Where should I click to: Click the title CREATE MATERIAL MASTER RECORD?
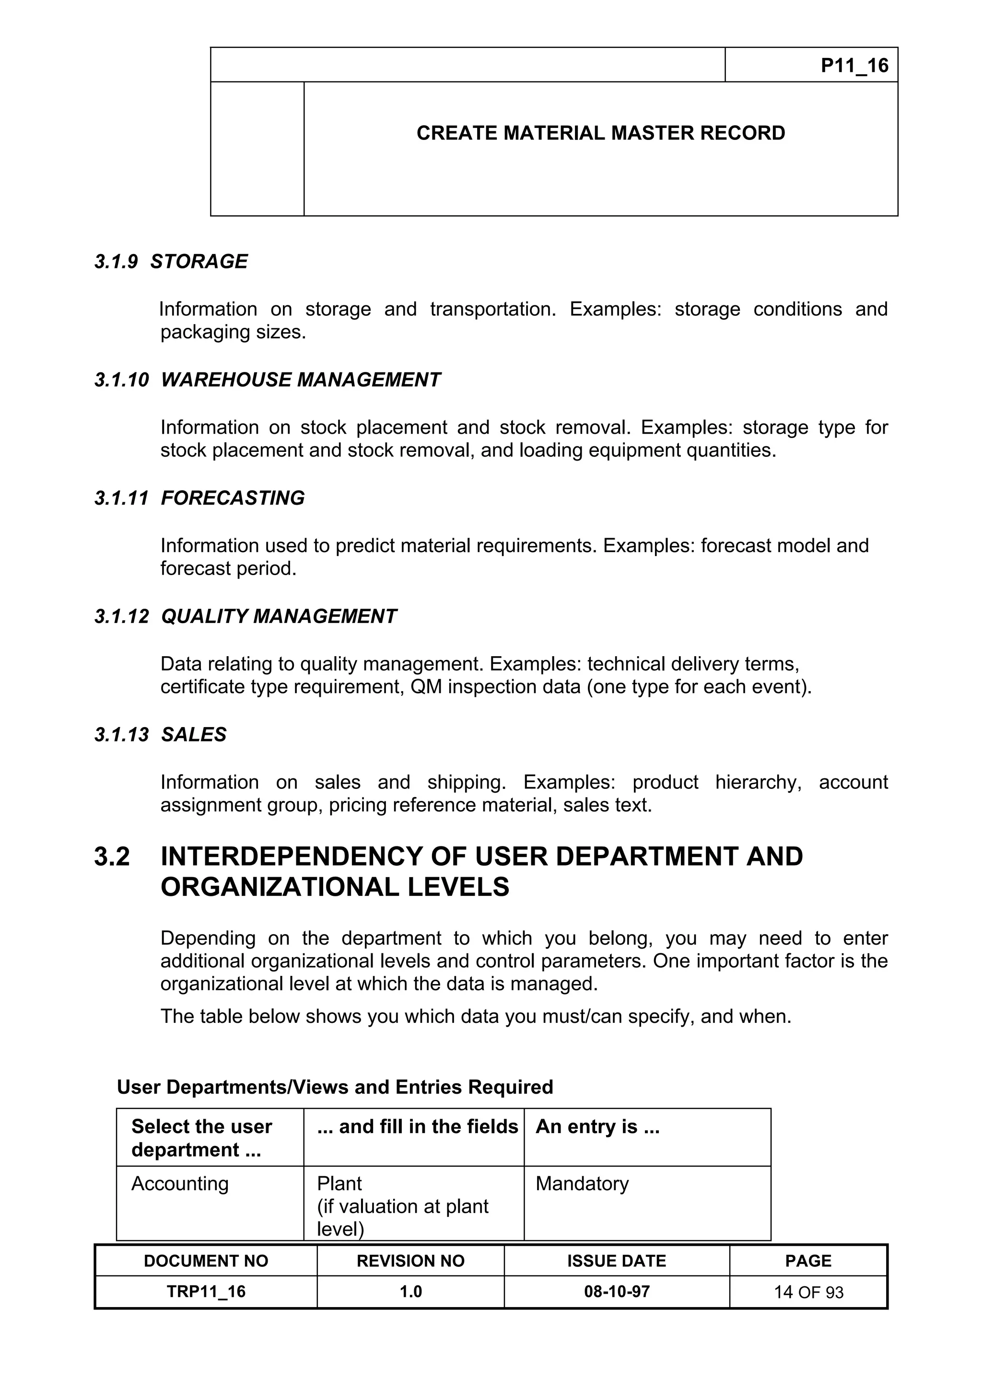pos(600,133)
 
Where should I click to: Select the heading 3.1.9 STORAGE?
pos(171,261)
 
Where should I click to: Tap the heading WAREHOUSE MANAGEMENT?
pos(301,380)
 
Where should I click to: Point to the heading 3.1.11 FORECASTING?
pos(199,498)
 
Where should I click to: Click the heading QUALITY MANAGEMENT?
pos(279,616)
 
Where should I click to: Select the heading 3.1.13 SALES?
pos(160,734)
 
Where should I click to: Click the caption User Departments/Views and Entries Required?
pos(335,1087)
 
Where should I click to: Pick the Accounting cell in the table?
pos(180,1183)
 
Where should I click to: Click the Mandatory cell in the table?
pos(582,1183)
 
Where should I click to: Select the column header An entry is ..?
pos(597,1126)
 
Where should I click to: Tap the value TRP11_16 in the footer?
pos(206,1292)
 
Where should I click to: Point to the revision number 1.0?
pos(410,1292)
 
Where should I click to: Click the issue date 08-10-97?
pos(617,1292)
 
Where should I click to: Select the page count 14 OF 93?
pos(808,1292)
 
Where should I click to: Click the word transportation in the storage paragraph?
pos(492,309)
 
